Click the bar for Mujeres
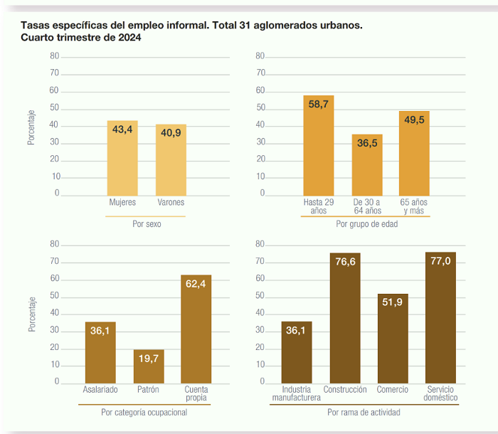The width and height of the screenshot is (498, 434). tap(122, 158)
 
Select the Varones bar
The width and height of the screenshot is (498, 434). tap(171, 160)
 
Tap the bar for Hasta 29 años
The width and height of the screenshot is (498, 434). tap(319, 146)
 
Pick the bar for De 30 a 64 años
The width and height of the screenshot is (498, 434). tap(367, 165)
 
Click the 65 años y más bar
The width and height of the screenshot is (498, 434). tap(414, 154)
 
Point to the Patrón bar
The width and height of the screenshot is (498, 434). tap(149, 366)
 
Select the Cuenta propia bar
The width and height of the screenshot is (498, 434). tap(196, 329)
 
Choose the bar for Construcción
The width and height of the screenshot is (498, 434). tap(345, 318)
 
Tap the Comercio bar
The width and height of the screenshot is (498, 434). tap(393, 339)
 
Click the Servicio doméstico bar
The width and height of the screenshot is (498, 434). tap(440, 318)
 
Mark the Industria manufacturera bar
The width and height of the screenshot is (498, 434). tap(297, 352)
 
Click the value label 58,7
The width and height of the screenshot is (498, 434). tap(318, 104)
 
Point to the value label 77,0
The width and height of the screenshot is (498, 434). tap(440, 261)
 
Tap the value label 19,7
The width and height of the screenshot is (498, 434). tap(149, 359)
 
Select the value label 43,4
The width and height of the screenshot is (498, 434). tap(122, 129)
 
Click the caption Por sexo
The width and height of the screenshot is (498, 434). tap(147, 224)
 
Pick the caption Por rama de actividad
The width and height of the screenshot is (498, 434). tap(364, 413)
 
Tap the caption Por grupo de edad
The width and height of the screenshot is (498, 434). tap(367, 224)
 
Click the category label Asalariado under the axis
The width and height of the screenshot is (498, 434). tap(100, 389)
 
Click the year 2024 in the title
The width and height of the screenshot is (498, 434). tap(129, 38)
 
